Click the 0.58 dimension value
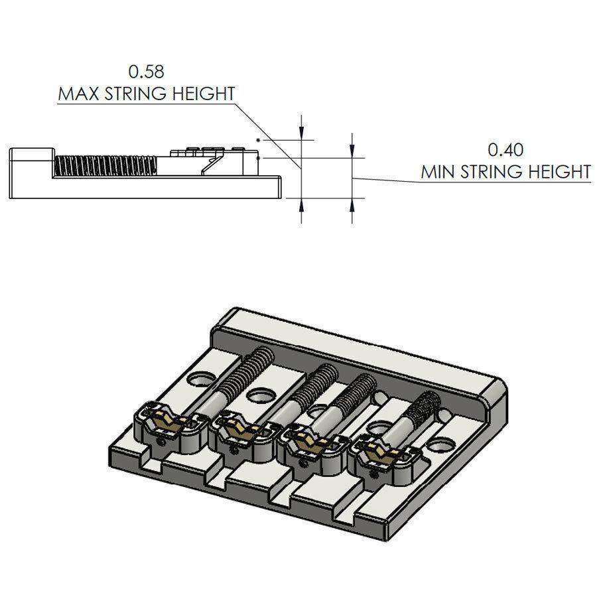pos(146,70)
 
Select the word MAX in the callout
pos(77,94)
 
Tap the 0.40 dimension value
pos(505,149)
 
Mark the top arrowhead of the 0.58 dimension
pos(302,126)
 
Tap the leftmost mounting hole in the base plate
pos(199,379)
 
